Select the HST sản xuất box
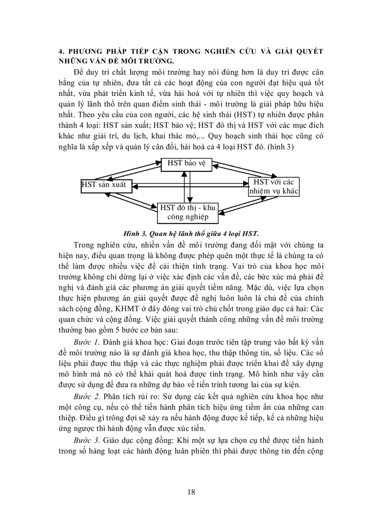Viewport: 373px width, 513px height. [x=103, y=185]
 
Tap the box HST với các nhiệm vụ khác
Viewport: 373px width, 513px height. [x=273, y=187]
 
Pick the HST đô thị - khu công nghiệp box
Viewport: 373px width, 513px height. [x=187, y=212]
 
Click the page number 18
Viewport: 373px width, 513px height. [x=191, y=492]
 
